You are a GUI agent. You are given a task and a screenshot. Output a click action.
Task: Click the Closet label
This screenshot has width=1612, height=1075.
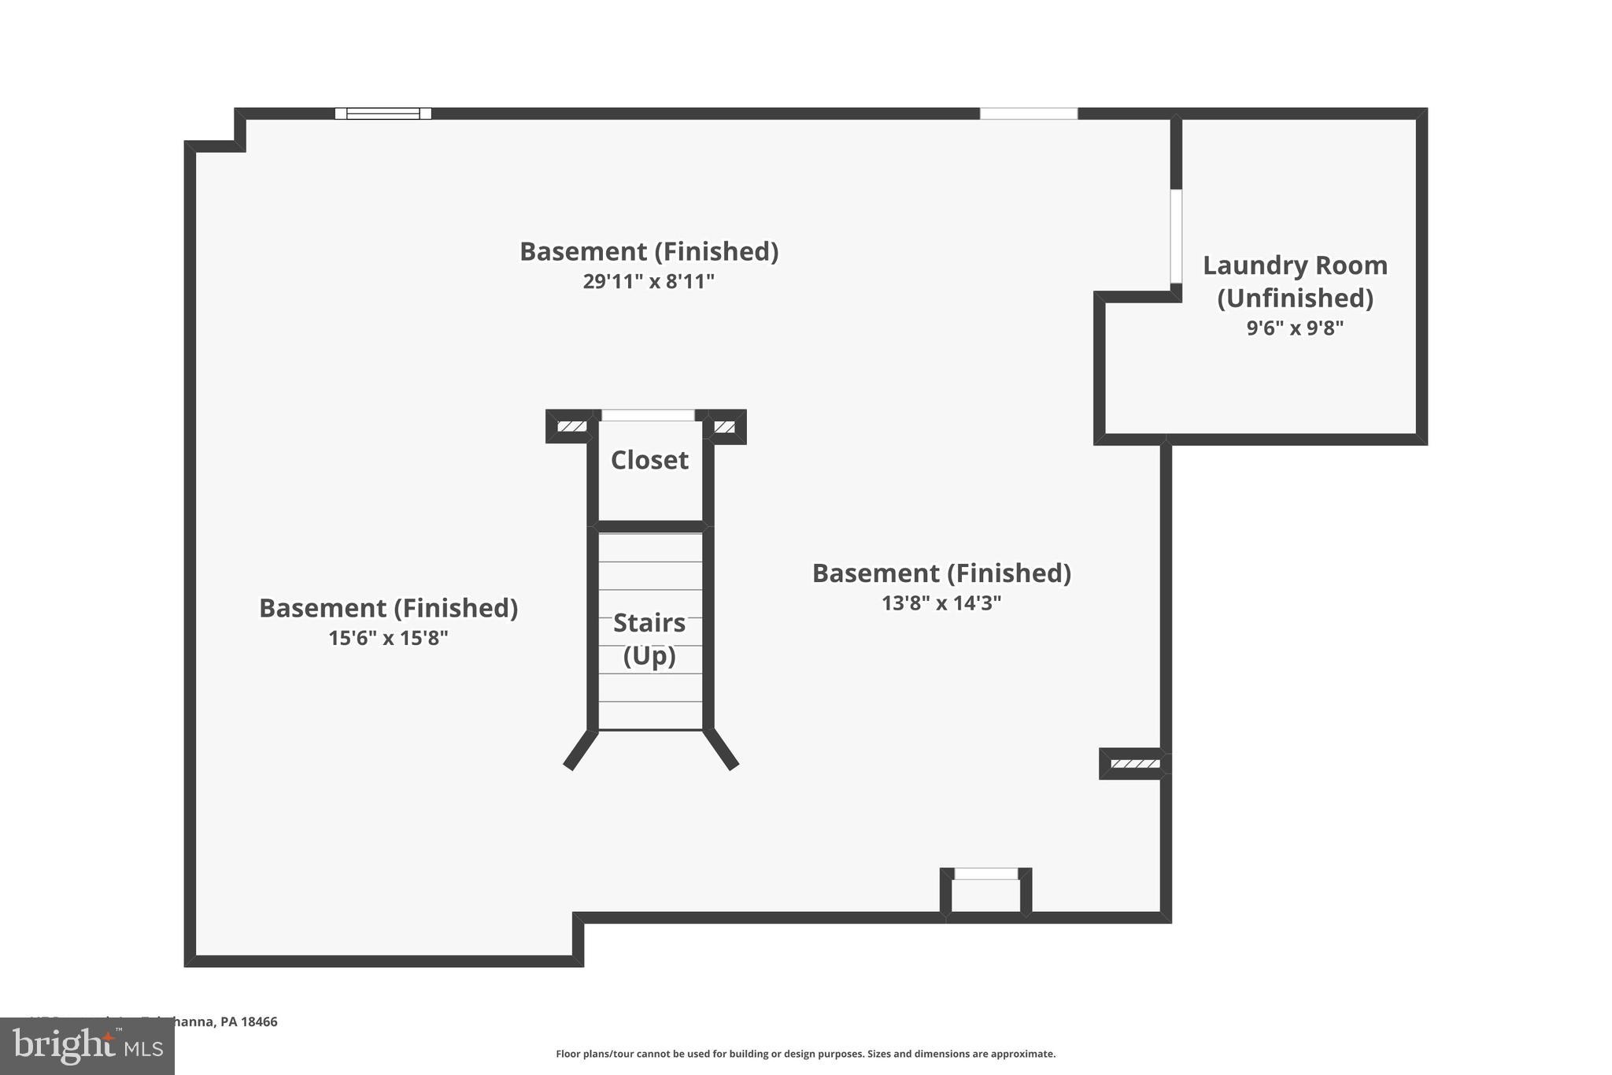click(x=649, y=460)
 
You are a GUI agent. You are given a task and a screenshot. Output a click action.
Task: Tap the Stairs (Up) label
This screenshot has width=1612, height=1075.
click(x=649, y=639)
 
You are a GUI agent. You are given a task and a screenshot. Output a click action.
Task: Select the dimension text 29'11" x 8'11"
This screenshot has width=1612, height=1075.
click(x=649, y=281)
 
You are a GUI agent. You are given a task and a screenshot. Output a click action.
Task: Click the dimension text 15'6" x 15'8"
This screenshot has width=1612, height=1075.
click(x=388, y=638)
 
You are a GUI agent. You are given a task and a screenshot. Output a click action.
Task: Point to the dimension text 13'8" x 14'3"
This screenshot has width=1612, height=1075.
click(x=941, y=603)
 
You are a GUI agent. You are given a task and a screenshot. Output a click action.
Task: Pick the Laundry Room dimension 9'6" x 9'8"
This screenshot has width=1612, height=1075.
click(x=1295, y=328)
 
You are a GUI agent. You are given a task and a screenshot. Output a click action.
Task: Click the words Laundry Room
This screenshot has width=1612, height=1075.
click(x=1295, y=265)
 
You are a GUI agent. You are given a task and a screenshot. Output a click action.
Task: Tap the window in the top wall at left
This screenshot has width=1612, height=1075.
click(x=383, y=113)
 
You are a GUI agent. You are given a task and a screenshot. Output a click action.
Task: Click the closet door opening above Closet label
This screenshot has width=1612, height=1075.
click(x=648, y=415)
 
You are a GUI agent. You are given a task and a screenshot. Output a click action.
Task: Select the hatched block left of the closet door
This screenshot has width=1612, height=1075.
click(x=571, y=427)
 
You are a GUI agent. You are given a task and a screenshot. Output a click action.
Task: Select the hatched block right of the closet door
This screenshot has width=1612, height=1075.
click(x=724, y=427)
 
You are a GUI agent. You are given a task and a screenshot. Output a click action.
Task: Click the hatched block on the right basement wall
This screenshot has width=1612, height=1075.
click(x=1134, y=763)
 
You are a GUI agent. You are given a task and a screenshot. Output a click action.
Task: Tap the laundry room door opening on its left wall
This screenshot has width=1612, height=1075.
click(x=1176, y=236)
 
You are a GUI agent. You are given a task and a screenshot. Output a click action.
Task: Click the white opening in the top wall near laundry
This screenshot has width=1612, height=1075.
click(x=1028, y=113)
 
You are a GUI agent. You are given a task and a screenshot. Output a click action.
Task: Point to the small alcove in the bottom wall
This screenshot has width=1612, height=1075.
click(x=985, y=894)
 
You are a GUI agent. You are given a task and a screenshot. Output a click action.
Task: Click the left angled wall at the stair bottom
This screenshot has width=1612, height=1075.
click(x=581, y=750)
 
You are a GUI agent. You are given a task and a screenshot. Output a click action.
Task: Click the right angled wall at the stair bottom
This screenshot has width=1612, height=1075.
click(x=721, y=750)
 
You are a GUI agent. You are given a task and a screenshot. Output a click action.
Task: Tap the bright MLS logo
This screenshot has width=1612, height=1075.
click(x=87, y=1046)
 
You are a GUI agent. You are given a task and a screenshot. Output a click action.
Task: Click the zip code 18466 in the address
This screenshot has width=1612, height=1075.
click(x=259, y=1021)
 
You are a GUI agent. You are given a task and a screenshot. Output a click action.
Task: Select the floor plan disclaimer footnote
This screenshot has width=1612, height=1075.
click(x=805, y=1054)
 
